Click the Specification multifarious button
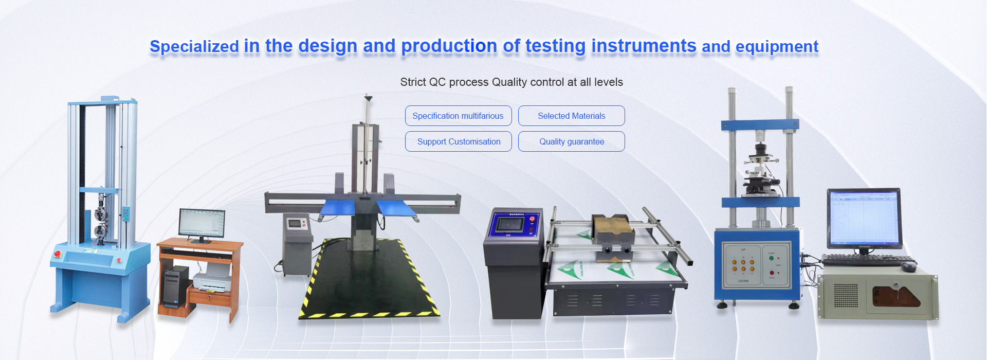click(458, 116)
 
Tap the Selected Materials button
click(572, 116)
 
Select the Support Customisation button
click(458, 141)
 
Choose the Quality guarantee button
click(572, 141)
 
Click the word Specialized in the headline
click(194, 47)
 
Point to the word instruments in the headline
click(644, 46)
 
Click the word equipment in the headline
click(777, 47)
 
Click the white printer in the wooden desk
click(212, 282)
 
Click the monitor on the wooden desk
click(202, 225)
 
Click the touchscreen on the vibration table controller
click(509, 225)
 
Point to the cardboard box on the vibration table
click(612, 229)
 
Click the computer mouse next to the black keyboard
click(908, 266)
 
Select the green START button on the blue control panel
click(771, 258)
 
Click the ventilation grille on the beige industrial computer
click(845, 296)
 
